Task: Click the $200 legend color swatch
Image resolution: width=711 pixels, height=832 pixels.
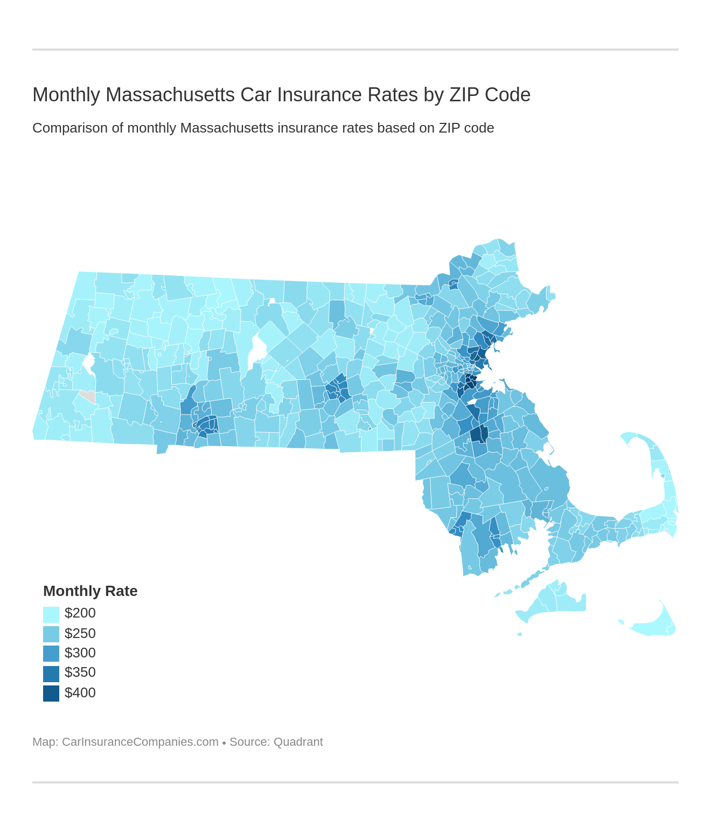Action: [51, 614]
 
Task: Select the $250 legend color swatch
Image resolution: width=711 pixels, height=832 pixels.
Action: [51, 634]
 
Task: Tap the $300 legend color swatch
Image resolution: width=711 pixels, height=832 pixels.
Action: [51, 654]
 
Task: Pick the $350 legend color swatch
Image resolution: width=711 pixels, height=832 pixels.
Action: [51, 674]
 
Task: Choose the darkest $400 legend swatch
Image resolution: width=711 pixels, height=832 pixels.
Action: [51, 694]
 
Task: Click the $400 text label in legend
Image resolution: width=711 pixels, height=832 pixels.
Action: [80, 693]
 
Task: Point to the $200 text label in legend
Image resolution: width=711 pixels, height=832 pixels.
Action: [80, 613]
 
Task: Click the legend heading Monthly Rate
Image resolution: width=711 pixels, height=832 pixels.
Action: [90, 591]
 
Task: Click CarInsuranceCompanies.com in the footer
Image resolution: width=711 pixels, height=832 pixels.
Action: [140, 742]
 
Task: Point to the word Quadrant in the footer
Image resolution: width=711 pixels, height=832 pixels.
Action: [298, 742]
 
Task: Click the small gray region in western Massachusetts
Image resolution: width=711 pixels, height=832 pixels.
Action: [89, 397]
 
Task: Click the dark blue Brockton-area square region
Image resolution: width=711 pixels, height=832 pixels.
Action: [479, 434]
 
